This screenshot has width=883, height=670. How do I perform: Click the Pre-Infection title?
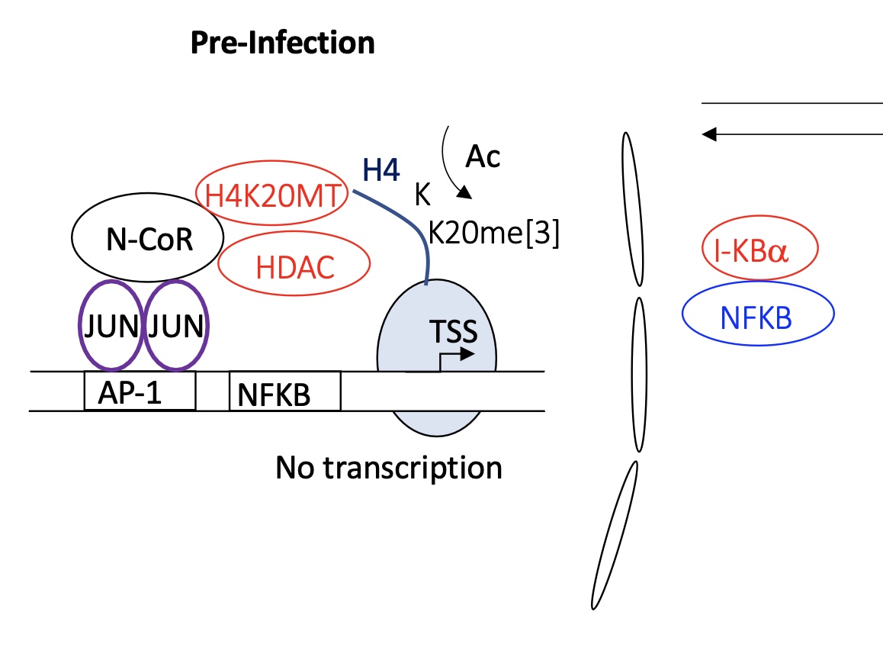pos(283,43)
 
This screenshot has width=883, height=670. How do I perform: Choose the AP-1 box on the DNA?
pos(140,391)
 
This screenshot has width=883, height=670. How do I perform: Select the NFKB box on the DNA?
pos(285,391)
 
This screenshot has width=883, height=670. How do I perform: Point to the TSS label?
pos(454,331)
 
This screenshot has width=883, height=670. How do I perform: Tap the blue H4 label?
pos(381,169)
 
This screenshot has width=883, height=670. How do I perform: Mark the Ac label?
pos(483,156)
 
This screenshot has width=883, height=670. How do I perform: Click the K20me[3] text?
pos(494,232)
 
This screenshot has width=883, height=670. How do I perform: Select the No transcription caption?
pos(389,468)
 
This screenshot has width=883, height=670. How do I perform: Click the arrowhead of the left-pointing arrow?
pos(709,134)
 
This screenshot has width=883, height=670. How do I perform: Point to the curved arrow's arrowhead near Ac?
pos(464,192)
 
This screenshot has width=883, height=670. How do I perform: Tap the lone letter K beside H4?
pos(422,195)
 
